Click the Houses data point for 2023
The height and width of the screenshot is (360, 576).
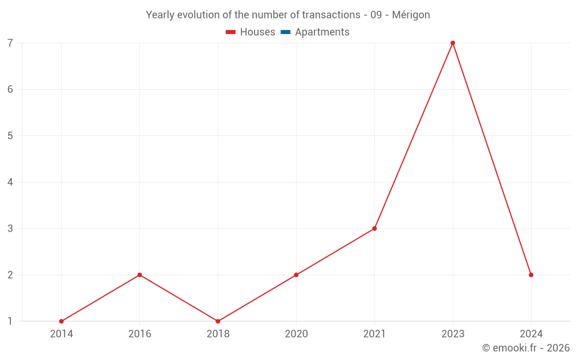[453, 43]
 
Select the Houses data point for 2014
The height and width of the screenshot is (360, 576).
[61, 321]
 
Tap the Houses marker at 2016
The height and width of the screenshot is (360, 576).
[139, 275]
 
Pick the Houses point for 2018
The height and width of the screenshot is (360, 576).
[218, 321]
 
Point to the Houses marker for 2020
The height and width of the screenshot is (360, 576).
[296, 275]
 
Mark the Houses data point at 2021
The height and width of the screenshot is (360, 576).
[374, 229]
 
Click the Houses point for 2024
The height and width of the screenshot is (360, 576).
[531, 275]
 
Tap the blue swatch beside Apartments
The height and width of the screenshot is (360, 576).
[285, 32]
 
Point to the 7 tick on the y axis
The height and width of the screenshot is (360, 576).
[10, 43]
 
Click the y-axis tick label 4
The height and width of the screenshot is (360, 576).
[10, 182]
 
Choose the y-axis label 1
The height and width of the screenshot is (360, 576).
[10, 321]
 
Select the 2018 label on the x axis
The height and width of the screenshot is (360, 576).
[218, 334]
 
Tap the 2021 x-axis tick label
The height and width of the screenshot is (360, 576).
[374, 334]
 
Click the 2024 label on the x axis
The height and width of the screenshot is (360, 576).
[531, 334]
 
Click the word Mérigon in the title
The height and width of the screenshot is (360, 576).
[411, 15]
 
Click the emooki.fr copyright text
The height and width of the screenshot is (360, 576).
[525, 348]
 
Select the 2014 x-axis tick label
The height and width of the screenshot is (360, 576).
[61, 334]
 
